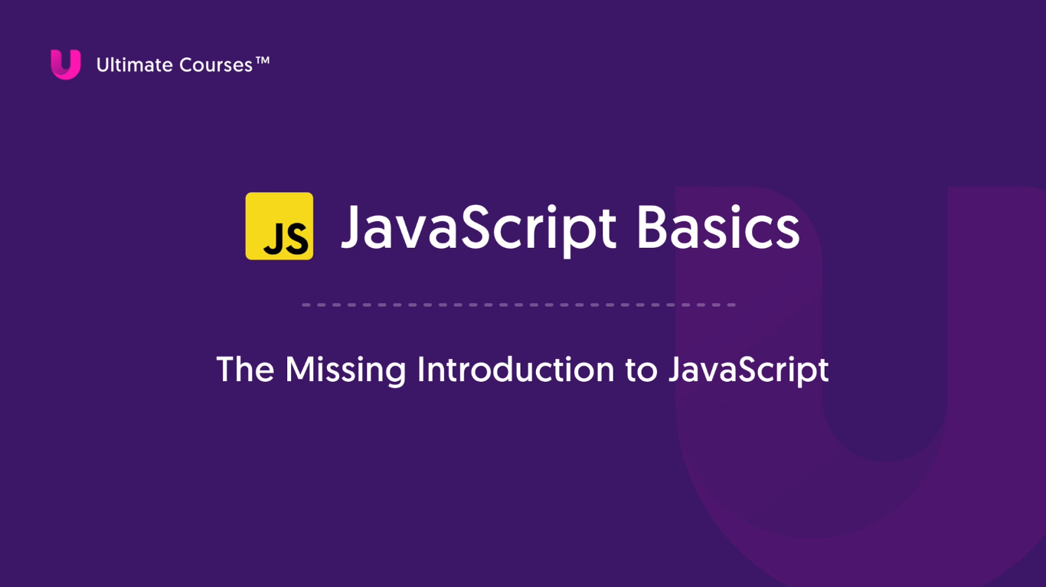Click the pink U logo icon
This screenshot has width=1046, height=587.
click(65, 64)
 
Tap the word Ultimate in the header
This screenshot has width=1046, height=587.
click(135, 65)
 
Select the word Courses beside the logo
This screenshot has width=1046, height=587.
click(216, 65)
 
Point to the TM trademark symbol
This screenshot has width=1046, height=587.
click(263, 60)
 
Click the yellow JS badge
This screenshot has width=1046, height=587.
click(279, 226)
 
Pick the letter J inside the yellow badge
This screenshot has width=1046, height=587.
click(273, 240)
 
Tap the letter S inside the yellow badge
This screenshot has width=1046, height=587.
click(296, 239)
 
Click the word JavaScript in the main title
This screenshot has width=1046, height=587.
click(479, 230)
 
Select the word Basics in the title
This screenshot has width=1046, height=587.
click(718, 227)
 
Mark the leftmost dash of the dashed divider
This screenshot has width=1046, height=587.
click(306, 305)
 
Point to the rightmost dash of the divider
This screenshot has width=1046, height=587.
click(731, 305)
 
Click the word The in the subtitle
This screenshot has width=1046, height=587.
click(245, 369)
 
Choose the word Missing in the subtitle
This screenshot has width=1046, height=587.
click(345, 371)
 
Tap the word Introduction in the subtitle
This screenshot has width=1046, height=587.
click(515, 369)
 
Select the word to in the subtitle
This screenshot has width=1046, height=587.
click(641, 370)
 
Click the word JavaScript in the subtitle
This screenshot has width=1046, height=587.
click(749, 371)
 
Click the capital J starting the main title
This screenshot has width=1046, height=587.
click(351, 227)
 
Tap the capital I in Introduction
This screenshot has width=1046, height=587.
click(420, 369)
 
